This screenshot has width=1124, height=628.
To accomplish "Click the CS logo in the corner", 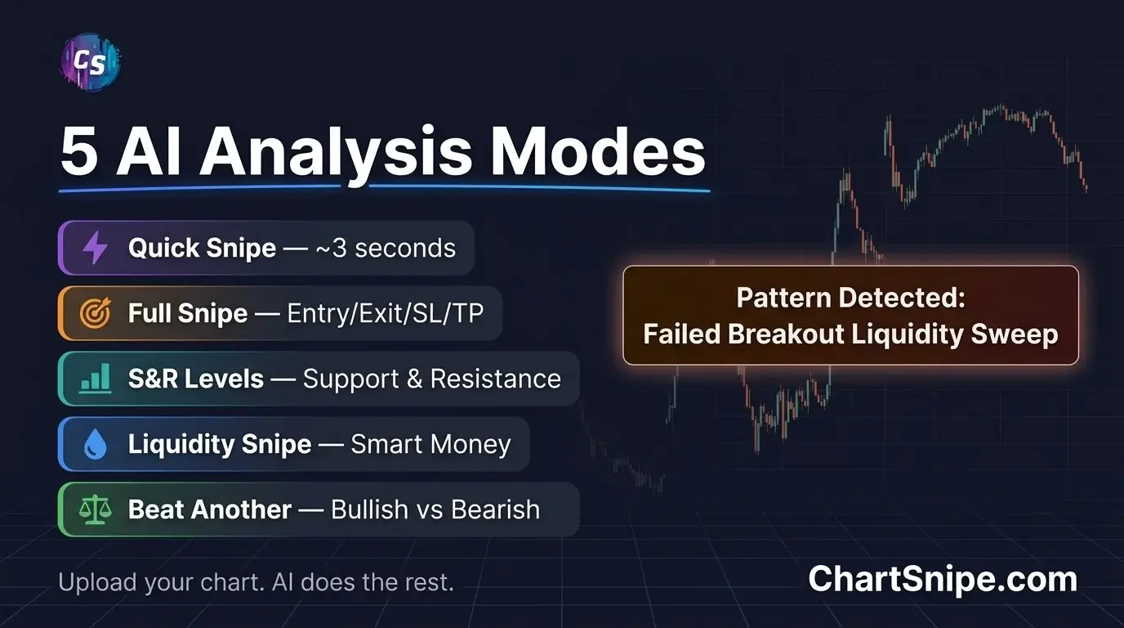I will point(90,63).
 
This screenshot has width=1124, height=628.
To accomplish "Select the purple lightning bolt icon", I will point(96,248).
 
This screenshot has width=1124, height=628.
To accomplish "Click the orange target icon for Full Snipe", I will point(96,313).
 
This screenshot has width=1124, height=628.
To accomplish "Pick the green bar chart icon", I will point(96,379).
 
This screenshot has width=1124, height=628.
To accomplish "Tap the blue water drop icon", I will point(96,445).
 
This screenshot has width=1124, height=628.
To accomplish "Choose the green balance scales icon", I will point(96,510).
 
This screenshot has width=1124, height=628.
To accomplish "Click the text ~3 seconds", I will point(385,248).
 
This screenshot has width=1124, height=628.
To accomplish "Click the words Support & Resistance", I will point(431,379).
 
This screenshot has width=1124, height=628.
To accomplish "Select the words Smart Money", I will point(430,445).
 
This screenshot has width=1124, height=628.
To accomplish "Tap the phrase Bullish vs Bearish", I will point(435,510).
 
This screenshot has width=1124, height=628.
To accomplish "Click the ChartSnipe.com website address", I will point(943,580).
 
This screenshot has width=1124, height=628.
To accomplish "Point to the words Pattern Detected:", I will point(850,298).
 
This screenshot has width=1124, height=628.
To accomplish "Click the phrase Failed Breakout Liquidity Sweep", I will point(850,334).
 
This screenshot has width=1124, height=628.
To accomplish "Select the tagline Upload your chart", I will point(154,583).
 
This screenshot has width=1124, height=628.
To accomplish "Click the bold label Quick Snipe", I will point(202,248).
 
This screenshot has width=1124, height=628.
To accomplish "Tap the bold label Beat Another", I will point(210,510).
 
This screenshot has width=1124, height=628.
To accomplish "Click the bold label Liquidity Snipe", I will point(220,445).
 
